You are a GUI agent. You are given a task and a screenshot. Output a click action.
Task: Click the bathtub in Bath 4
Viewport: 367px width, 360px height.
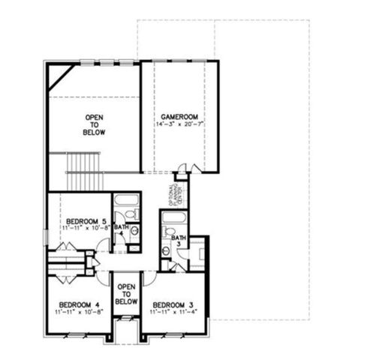(x=125, y=204)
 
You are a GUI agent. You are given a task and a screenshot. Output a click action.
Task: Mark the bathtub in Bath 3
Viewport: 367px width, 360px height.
(x=176, y=223)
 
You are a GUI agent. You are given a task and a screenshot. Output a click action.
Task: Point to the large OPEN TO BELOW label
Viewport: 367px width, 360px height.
(x=95, y=124)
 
